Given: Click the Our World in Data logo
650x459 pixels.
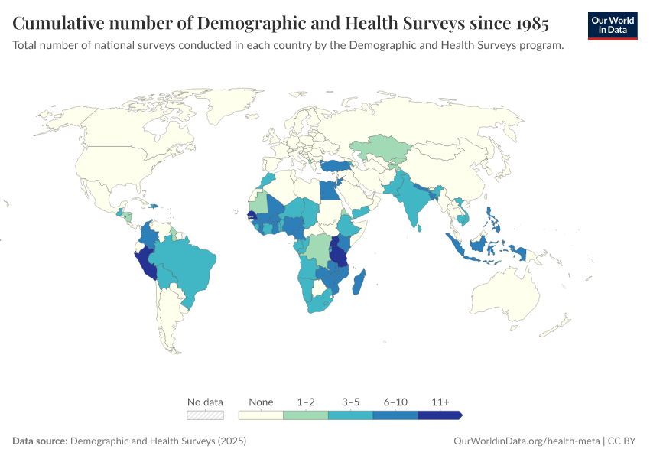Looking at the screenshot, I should point(613,25).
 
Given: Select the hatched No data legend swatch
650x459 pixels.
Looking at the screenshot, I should point(206,415).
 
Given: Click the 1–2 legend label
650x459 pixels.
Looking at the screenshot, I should point(305,402).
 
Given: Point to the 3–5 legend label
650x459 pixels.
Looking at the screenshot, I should point(350,402).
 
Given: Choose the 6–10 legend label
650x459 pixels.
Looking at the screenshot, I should point(395,402).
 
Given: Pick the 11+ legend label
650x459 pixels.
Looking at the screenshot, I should point(440,402).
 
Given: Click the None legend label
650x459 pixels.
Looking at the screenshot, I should point(261,402).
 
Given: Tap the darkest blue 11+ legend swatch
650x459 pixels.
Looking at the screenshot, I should point(440,415).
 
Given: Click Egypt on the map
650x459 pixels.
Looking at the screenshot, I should point(328,190).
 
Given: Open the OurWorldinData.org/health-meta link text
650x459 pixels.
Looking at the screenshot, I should point(526,441).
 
